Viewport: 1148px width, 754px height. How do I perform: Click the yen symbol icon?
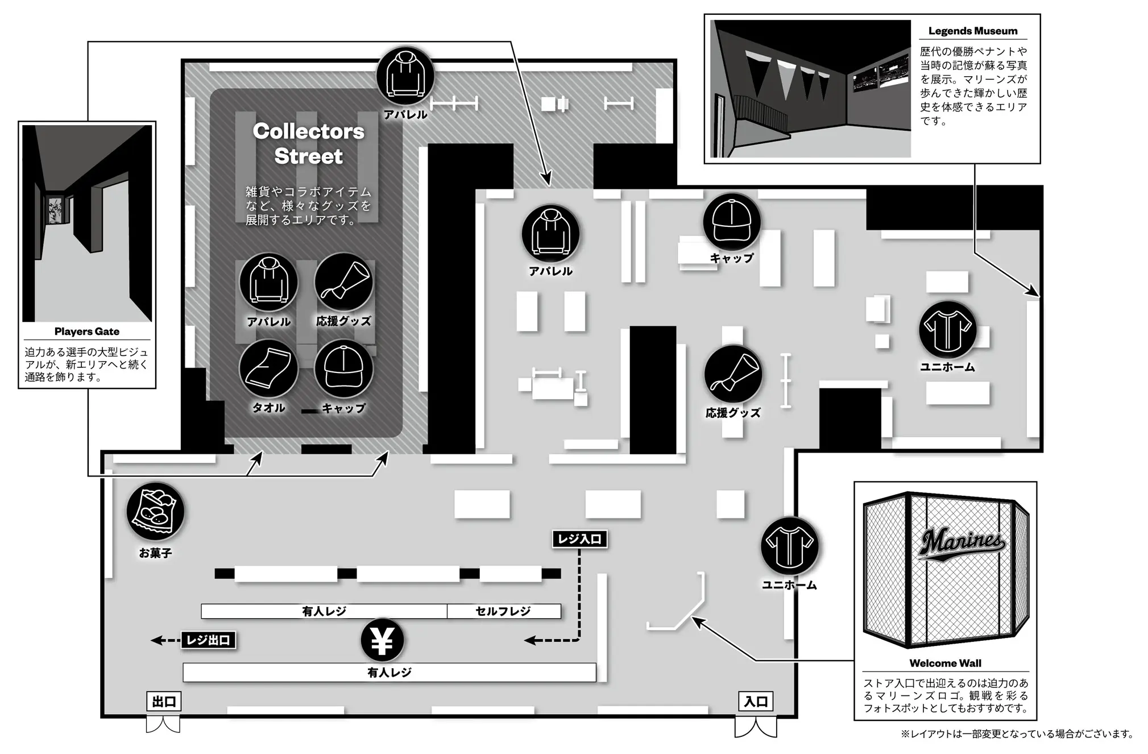382,640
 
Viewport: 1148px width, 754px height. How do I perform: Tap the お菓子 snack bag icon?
155,512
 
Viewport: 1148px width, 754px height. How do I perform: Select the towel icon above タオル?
268,368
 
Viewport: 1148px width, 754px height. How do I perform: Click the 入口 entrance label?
756,702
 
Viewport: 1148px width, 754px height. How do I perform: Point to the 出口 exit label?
164,702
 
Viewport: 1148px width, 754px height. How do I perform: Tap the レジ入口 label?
579,539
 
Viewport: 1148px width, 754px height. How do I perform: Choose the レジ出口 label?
208,640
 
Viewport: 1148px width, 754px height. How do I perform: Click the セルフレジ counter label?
503,611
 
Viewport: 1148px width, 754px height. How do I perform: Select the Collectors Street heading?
308,143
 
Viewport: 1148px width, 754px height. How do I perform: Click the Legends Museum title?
973,31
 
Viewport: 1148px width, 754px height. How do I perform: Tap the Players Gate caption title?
87,332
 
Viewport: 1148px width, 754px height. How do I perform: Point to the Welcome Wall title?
945,663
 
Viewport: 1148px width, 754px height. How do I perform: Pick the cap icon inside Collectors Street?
343,368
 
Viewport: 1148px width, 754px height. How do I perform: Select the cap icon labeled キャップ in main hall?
732,222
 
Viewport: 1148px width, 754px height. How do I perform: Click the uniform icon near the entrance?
790,546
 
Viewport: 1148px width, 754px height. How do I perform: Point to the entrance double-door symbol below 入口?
756,727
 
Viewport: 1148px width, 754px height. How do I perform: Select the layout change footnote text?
1017,734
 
